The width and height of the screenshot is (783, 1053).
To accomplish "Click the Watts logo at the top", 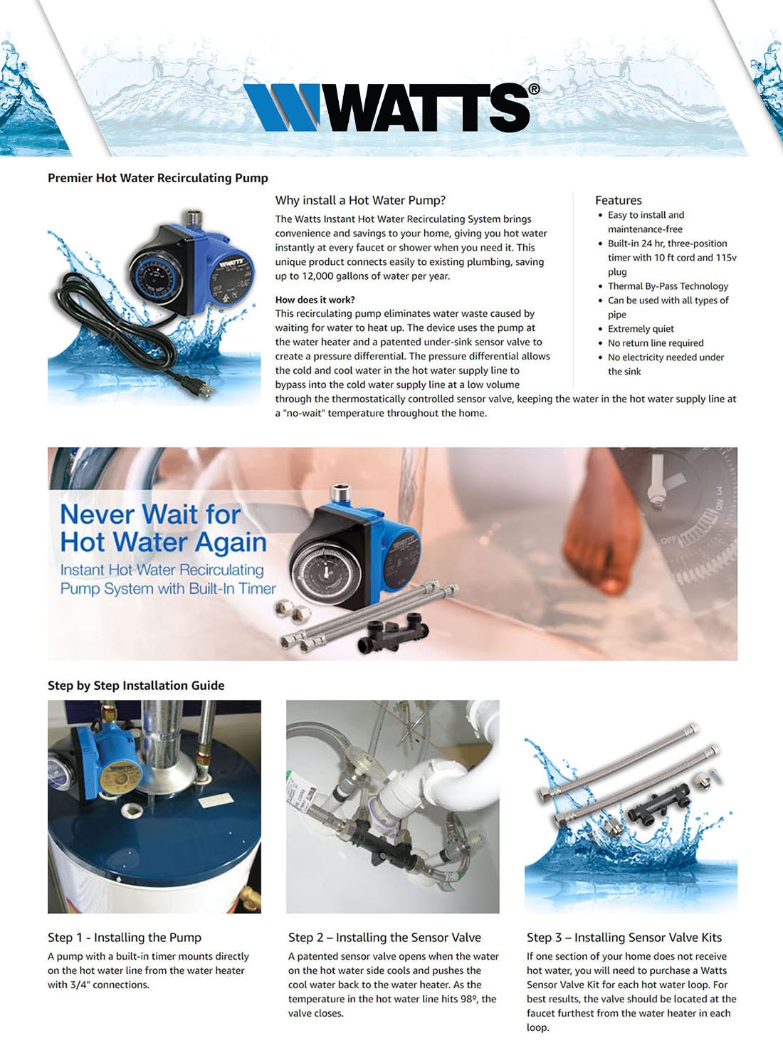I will click(x=391, y=108).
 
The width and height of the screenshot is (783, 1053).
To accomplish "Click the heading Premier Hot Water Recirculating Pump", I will click(x=157, y=178).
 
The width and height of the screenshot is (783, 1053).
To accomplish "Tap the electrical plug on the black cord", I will click(x=200, y=388).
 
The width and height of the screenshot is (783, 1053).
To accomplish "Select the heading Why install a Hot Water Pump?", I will click(x=360, y=200).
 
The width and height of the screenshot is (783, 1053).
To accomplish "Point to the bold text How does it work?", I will click(x=315, y=300).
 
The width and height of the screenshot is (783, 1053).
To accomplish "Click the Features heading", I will click(x=618, y=200).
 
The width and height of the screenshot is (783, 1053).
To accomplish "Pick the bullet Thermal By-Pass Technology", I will click(x=668, y=286).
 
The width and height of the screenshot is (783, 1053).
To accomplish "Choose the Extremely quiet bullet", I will click(x=641, y=329).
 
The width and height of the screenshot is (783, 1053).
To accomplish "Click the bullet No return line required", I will click(x=656, y=343).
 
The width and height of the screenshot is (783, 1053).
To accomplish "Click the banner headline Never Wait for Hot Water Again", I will click(x=163, y=528).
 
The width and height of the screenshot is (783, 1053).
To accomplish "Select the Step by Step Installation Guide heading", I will click(x=136, y=686).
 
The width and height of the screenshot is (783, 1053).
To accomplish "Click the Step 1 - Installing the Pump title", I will click(x=125, y=938).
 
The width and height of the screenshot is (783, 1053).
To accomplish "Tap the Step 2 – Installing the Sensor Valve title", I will click(x=384, y=938).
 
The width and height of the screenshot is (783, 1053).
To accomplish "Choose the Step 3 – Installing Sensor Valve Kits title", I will click(x=624, y=938).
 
